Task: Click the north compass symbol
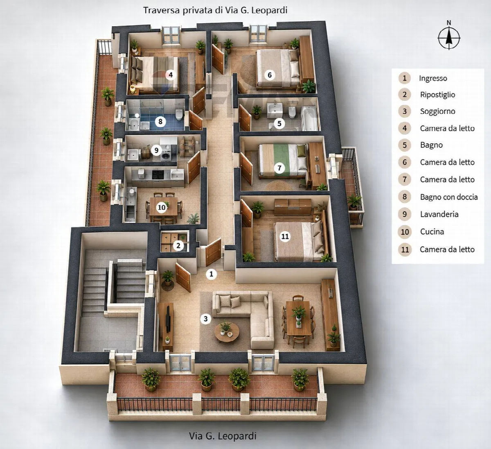pos(449,38)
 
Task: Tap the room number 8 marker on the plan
pos(160,122)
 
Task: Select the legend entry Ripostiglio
pos(438,95)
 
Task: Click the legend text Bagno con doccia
pos(449,197)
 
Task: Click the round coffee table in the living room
pos(227,332)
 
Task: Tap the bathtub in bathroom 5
pos(310,118)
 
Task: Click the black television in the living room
pos(168,319)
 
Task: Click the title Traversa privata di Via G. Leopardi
pos(215,10)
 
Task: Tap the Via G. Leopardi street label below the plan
pos(223,436)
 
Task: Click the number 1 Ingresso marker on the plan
pos(211,274)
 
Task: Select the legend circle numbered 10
pos(405,232)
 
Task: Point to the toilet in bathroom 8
pos(179,115)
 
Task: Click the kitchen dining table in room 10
pos(164,206)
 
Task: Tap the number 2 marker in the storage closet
pos(178,245)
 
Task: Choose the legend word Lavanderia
pos(439,214)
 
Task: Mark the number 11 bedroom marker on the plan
pos(285,236)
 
